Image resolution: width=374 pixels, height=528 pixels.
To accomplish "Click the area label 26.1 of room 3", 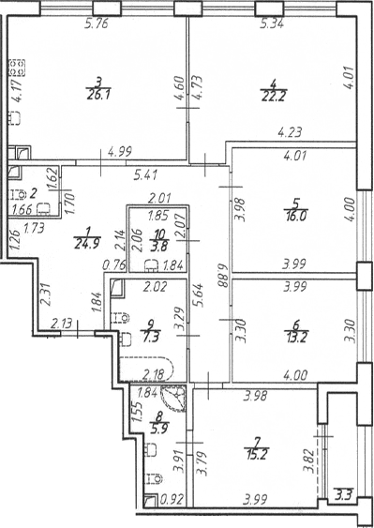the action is [97, 95].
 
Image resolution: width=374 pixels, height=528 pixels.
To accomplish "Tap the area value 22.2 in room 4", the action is [273, 97].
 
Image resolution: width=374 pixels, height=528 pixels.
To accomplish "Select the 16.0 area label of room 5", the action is [295, 215].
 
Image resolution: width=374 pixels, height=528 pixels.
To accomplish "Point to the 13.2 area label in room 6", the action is [295, 336].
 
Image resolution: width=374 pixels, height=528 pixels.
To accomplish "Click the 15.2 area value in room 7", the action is [257, 455].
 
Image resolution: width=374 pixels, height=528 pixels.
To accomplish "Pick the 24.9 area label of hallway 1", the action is [87, 243].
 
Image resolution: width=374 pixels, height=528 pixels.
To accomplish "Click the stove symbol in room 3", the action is [17, 68].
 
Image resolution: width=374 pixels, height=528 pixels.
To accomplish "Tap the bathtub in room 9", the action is [147, 369].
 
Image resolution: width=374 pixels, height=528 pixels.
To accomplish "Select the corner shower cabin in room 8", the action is [173, 399].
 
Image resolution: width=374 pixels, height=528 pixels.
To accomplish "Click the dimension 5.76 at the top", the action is [97, 24].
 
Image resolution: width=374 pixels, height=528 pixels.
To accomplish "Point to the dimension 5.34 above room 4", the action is [271, 23].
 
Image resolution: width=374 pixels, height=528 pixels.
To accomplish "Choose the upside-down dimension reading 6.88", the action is [221, 276].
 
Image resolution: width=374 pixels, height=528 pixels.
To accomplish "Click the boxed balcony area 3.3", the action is [343, 496].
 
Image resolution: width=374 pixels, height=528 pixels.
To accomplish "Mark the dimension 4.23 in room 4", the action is [289, 131].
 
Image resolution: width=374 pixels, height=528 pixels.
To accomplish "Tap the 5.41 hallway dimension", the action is [145, 175].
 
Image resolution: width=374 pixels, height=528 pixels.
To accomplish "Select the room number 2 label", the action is [33, 194].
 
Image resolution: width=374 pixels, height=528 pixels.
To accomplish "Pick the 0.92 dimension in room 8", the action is [172, 500].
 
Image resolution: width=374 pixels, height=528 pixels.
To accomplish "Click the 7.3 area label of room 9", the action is [151, 336].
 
